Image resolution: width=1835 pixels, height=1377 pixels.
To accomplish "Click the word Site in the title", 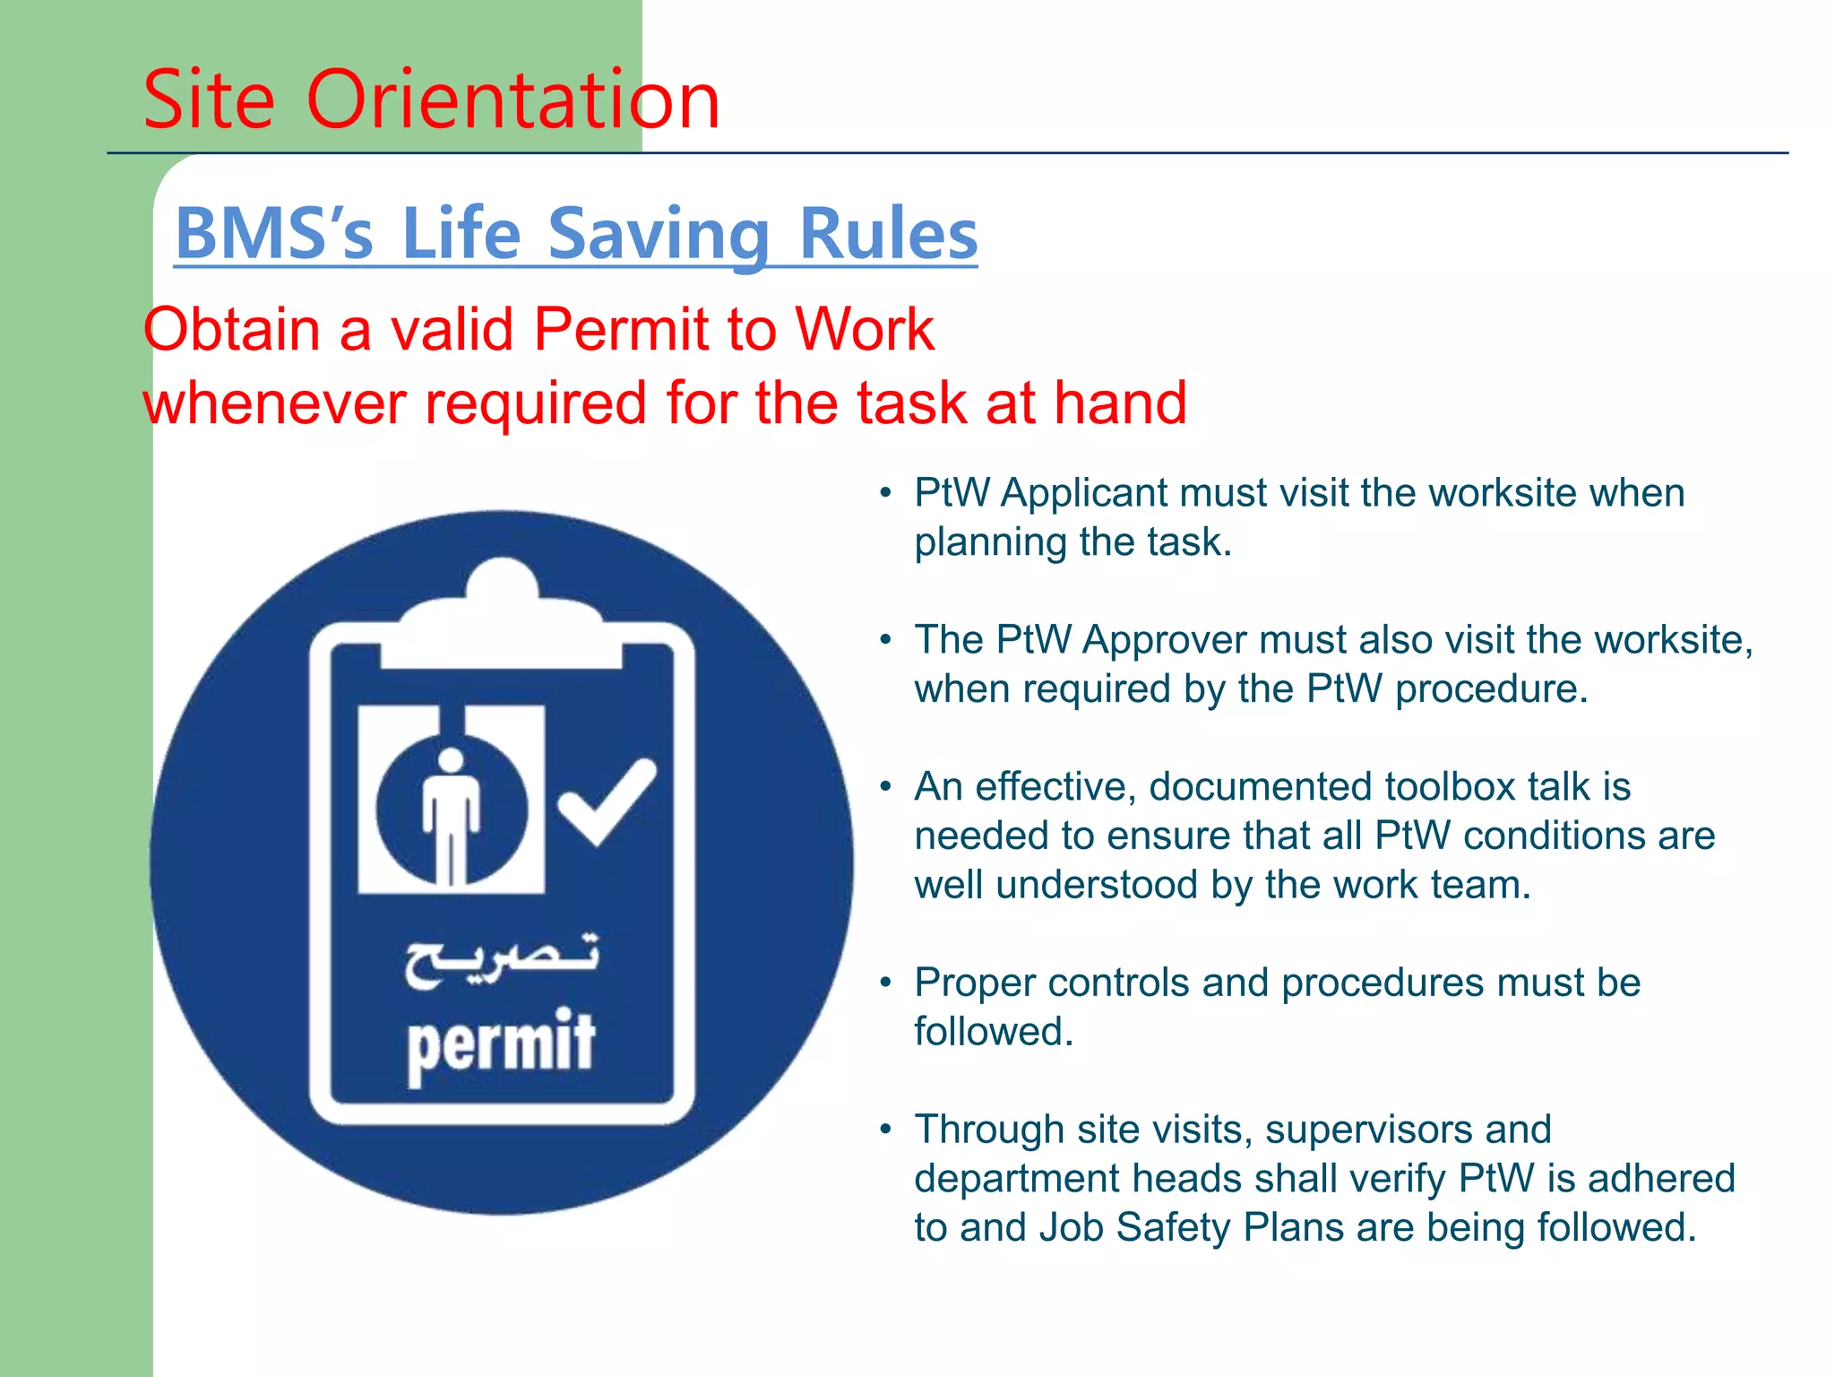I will [x=208, y=100].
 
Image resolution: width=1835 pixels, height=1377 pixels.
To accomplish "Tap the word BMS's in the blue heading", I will [x=273, y=234].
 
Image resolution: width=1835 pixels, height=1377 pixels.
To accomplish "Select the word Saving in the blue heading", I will [x=659, y=234].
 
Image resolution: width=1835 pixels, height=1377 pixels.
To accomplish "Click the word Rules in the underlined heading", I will [x=887, y=234].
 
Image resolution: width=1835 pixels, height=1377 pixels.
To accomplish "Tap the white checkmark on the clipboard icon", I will [x=607, y=801].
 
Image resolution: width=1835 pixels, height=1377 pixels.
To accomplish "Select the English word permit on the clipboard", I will [x=501, y=1043].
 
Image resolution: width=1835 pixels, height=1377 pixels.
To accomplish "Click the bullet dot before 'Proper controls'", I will [x=885, y=983].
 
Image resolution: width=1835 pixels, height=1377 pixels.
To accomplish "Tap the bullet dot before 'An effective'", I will [x=885, y=787].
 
